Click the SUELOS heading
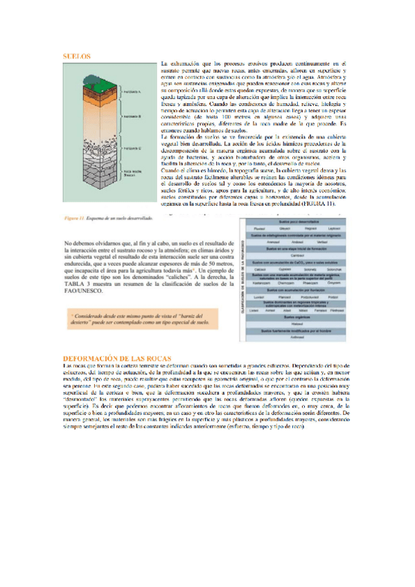(76, 57)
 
